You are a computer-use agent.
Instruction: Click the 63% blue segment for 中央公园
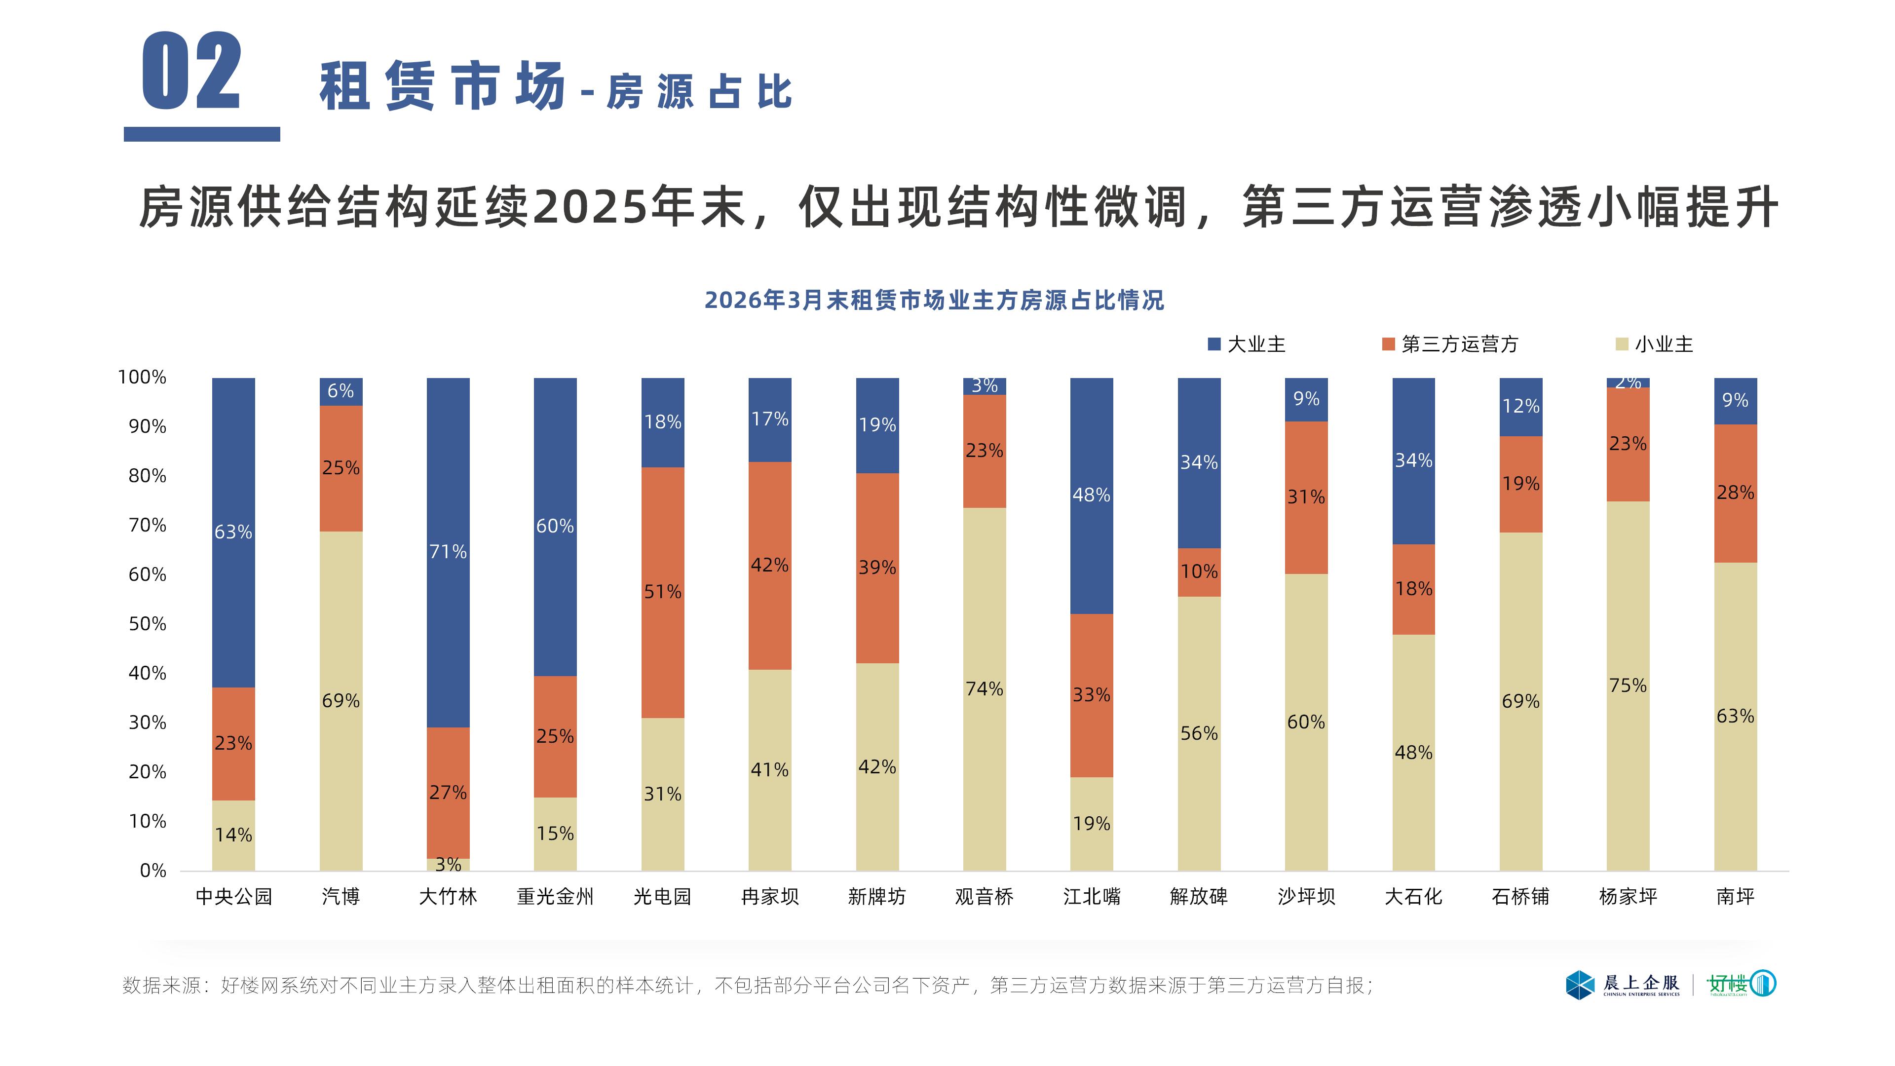(233, 532)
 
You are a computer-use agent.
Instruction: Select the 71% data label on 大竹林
(448, 551)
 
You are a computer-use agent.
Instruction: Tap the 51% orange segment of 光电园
(662, 592)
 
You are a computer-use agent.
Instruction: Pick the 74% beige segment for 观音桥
(985, 688)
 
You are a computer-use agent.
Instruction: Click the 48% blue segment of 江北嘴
(1091, 495)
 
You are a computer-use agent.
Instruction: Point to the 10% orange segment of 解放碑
(1198, 571)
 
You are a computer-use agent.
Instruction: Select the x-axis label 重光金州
(555, 896)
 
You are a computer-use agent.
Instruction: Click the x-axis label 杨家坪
(1627, 896)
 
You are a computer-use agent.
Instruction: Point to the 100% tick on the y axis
(142, 378)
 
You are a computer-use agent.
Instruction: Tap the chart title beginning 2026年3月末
(934, 300)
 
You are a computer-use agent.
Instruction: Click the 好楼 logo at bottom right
(1741, 984)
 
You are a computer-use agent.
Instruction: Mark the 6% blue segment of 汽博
(341, 391)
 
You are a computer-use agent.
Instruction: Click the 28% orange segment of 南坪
(1735, 493)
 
